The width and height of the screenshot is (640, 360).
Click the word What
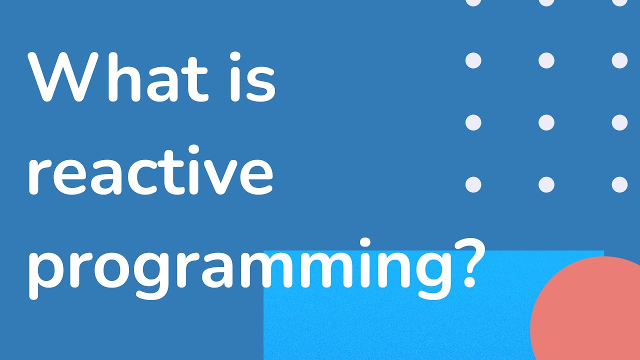pos(117,77)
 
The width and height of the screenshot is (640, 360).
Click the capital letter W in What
pos(60,77)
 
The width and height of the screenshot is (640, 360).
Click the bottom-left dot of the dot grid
pos(473,184)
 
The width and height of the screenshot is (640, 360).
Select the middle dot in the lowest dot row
pos(546,184)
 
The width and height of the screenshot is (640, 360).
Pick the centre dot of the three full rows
pos(546,122)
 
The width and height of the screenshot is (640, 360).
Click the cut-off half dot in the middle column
pos(546,2)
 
